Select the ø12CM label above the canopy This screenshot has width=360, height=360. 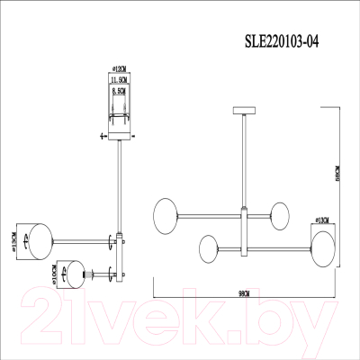115,68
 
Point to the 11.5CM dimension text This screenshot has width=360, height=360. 115,80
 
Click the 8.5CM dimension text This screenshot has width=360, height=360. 115,91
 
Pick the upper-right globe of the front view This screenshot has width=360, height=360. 281,216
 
